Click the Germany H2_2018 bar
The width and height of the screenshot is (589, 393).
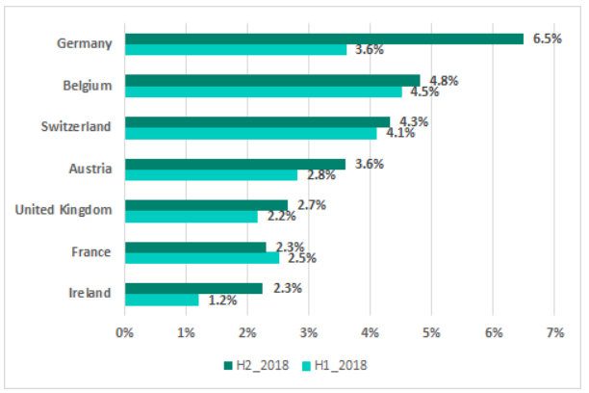(x=324, y=39)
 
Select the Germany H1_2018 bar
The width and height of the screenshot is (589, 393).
(x=236, y=50)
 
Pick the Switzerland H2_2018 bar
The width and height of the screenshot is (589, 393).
(x=257, y=122)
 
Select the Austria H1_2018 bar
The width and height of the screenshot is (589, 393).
(x=211, y=175)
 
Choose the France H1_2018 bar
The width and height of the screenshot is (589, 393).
(x=202, y=258)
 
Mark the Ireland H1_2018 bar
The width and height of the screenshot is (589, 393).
(x=162, y=300)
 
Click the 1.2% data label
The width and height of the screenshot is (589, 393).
(x=222, y=301)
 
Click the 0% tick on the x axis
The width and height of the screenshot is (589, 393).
(x=125, y=333)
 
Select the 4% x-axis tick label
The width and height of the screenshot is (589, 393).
(x=370, y=333)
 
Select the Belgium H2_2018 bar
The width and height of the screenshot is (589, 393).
(x=272, y=81)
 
